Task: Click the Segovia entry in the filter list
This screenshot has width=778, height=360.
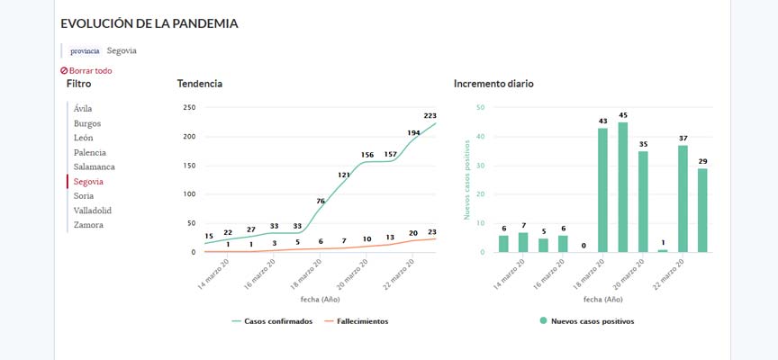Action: pyautogui.click(x=88, y=181)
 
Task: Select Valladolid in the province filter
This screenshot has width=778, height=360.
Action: pyautogui.click(x=93, y=210)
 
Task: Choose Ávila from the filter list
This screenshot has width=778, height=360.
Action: pyautogui.click(x=83, y=109)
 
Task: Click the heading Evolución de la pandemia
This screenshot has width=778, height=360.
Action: pyautogui.click(x=149, y=24)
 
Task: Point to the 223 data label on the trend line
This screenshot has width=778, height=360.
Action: pyautogui.click(x=430, y=115)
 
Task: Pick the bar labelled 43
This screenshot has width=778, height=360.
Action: pyautogui.click(x=603, y=190)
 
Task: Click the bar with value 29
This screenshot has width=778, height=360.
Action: pyautogui.click(x=702, y=210)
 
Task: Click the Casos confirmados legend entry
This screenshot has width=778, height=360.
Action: pyautogui.click(x=272, y=321)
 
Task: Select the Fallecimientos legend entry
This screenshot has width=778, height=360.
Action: pyautogui.click(x=357, y=321)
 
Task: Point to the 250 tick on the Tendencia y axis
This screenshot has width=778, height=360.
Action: pyautogui.click(x=189, y=108)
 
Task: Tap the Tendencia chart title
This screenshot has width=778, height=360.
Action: pyautogui.click(x=199, y=84)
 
